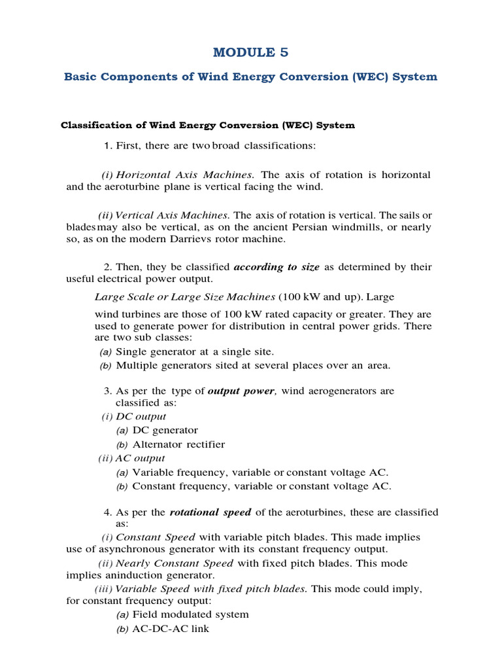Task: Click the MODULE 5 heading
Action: tap(251, 52)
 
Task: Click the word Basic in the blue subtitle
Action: tap(82, 77)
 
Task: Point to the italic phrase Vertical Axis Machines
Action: tap(173, 215)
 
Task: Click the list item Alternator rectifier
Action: tap(178, 444)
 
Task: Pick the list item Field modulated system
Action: tap(190, 614)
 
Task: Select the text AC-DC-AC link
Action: tap(170, 629)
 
